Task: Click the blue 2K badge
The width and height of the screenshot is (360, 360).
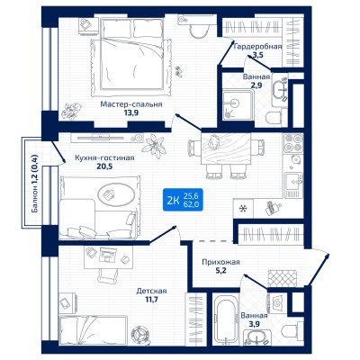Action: [183, 200]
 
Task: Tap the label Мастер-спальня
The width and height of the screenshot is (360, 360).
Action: [131, 104]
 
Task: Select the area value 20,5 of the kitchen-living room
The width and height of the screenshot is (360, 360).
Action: [104, 166]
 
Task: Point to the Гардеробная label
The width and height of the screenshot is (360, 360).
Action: [257, 47]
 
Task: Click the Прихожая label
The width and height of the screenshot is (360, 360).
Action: [220, 262]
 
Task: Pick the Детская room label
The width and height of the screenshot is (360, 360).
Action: [151, 291]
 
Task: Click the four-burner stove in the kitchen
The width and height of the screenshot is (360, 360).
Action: [293, 143]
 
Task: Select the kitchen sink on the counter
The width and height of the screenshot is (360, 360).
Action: [294, 182]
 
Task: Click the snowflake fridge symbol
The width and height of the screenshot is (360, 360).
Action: [244, 208]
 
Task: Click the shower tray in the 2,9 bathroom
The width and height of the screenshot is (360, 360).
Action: [238, 105]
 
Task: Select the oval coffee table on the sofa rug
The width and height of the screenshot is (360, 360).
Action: [116, 194]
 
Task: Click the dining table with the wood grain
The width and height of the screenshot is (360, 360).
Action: [226, 148]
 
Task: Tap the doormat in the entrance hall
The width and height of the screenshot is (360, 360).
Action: [282, 279]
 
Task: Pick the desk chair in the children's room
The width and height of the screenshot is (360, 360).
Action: [107, 274]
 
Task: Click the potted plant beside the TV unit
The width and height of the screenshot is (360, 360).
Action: [155, 146]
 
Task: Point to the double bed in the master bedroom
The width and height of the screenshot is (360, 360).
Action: [131, 54]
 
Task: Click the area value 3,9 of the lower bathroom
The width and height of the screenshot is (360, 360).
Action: [254, 324]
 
